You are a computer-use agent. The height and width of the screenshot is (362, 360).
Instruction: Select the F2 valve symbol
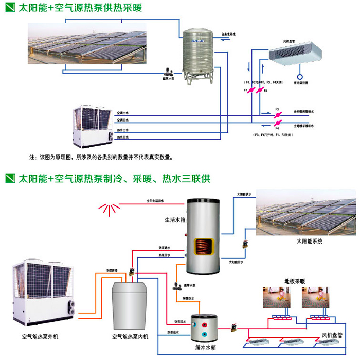click(260, 91)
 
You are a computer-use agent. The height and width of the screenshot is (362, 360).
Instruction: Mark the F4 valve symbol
click(277, 124)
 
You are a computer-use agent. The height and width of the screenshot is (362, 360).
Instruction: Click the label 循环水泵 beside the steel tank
click(168, 79)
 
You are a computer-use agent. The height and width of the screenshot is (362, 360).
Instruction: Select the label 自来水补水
click(228, 34)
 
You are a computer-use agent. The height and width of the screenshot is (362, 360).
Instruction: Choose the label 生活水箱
click(174, 220)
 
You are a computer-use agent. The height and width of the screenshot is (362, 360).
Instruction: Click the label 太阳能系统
click(309, 241)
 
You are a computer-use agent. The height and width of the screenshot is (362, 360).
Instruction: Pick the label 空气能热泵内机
click(130, 337)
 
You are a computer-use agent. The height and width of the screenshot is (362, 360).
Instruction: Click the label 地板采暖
click(295, 281)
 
